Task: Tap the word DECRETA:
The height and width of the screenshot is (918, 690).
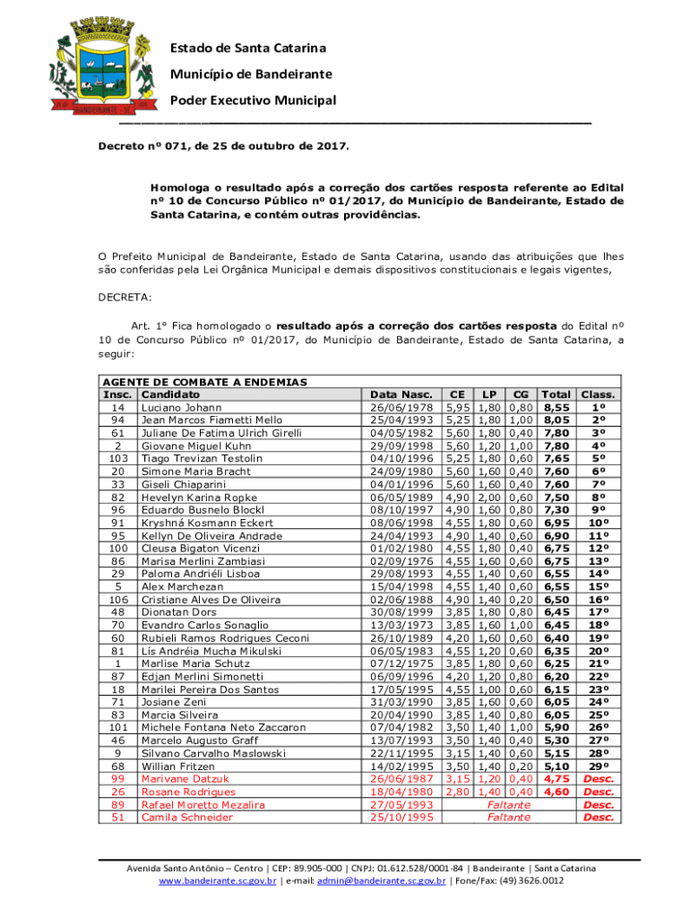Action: click(125, 296)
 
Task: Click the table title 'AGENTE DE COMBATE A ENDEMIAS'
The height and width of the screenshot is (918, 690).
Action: click(205, 382)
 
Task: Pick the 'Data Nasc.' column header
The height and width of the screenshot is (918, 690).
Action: click(401, 394)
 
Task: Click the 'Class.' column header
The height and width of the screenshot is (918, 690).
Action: click(598, 394)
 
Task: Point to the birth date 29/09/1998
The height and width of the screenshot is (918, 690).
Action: click(400, 446)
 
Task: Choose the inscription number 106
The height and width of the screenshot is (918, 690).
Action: click(117, 599)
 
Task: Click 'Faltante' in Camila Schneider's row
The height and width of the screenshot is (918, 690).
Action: click(508, 818)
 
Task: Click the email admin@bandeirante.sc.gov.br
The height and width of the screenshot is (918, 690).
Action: click(381, 881)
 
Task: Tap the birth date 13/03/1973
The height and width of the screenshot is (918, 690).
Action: click(400, 624)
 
